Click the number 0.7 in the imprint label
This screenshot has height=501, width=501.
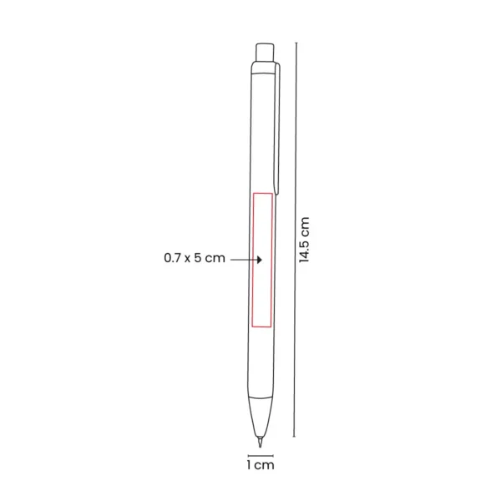(173, 259)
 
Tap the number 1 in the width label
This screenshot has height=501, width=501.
(248, 464)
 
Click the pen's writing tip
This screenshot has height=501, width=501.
(261, 434)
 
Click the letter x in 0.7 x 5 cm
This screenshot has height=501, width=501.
(191, 259)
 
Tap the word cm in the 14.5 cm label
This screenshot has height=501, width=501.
(305, 225)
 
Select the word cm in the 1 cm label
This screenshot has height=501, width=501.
(265, 464)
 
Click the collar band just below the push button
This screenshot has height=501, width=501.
(263, 64)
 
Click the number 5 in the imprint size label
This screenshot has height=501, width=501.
(203, 259)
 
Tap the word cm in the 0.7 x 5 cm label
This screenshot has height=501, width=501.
(217, 259)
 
